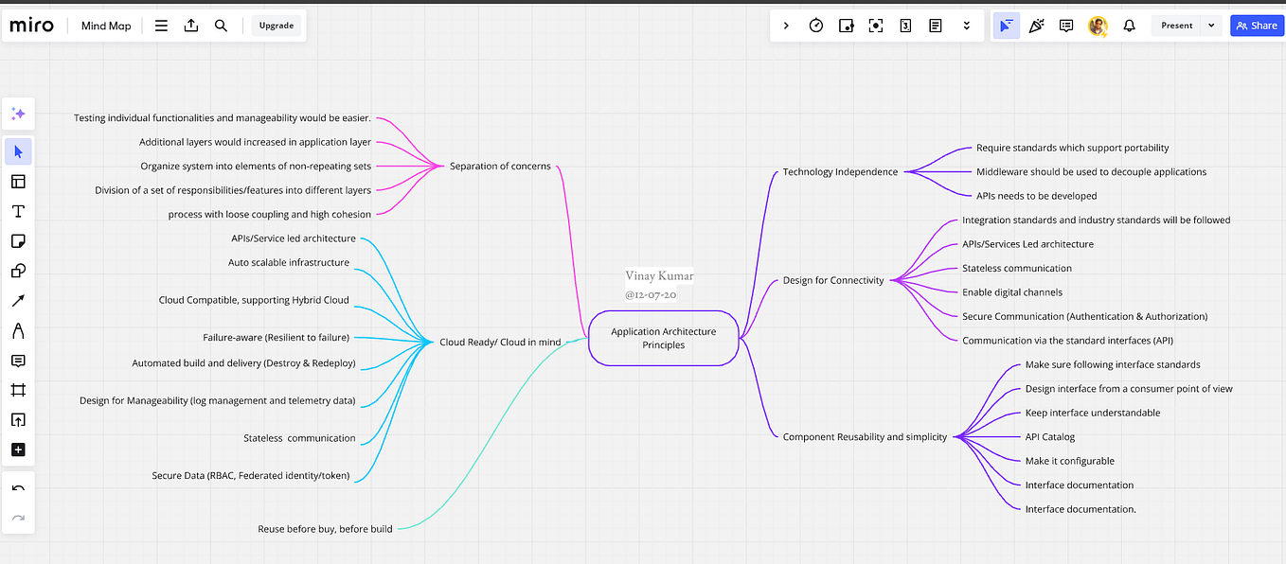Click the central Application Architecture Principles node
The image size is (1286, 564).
click(663, 338)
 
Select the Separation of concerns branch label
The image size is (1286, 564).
click(499, 167)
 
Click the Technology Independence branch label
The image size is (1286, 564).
click(840, 172)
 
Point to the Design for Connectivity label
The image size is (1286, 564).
click(832, 280)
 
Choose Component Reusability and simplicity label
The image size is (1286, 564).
click(865, 437)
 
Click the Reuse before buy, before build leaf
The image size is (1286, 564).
click(325, 529)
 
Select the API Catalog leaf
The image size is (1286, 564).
click(1049, 437)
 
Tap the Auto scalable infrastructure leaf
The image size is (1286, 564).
click(289, 262)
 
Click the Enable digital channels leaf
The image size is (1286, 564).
click(1012, 292)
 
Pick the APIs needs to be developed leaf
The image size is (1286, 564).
click(1036, 196)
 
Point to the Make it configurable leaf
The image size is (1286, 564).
click(1069, 461)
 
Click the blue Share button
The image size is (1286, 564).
click(1257, 26)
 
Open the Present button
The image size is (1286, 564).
click(1176, 26)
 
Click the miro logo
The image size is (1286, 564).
click(31, 26)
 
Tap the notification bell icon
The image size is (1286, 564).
click(1129, 26)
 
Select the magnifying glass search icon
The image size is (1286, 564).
click(221, 26)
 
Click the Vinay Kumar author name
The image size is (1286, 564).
click(659, 276)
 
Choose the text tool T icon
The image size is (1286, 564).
click(18, 211)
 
